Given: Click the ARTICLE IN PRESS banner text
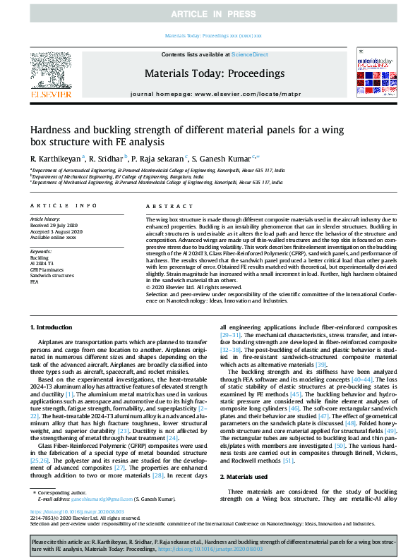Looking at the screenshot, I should [x=210, y=13].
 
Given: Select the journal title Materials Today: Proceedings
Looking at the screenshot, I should [x=214, y=73].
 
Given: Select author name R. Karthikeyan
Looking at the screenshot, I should [x=55, y=158].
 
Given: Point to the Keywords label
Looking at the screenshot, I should [x=40, y=252].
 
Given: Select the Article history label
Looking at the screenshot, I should [x=45, y=219].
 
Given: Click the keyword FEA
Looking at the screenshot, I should [x=35, y=281].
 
